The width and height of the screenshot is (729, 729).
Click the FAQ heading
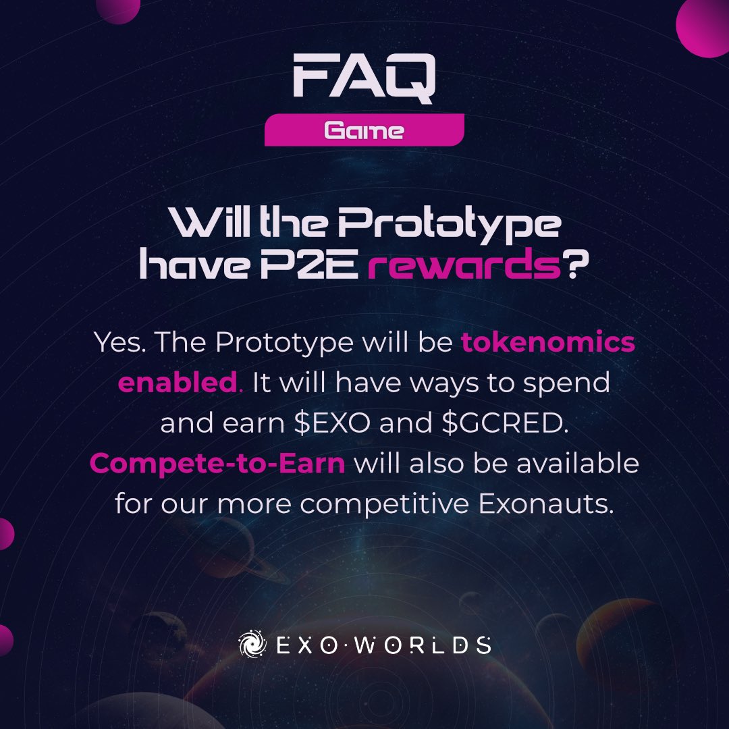point(364,80)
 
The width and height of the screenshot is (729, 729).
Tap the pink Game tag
point(364,130)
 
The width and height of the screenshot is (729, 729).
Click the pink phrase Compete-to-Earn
point(217,464)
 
